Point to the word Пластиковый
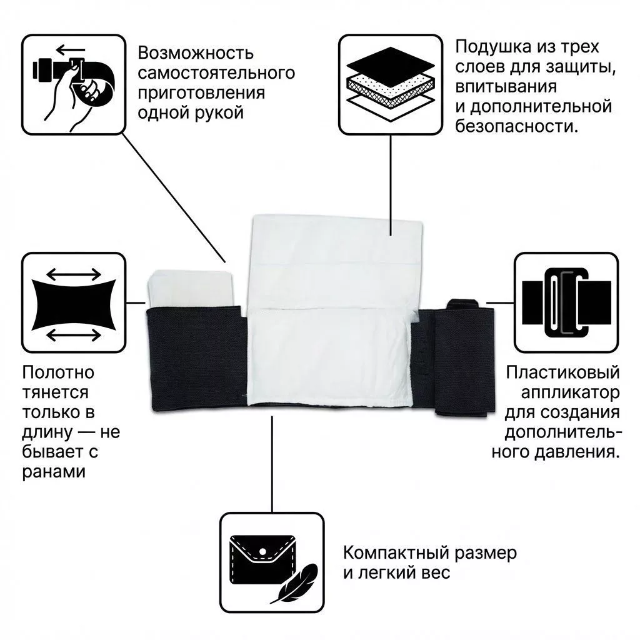click(563, 374)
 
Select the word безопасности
click(516, 127)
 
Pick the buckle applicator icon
click(567, 302)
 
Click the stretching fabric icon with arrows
click(74, 302)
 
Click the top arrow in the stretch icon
click(74, 274)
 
